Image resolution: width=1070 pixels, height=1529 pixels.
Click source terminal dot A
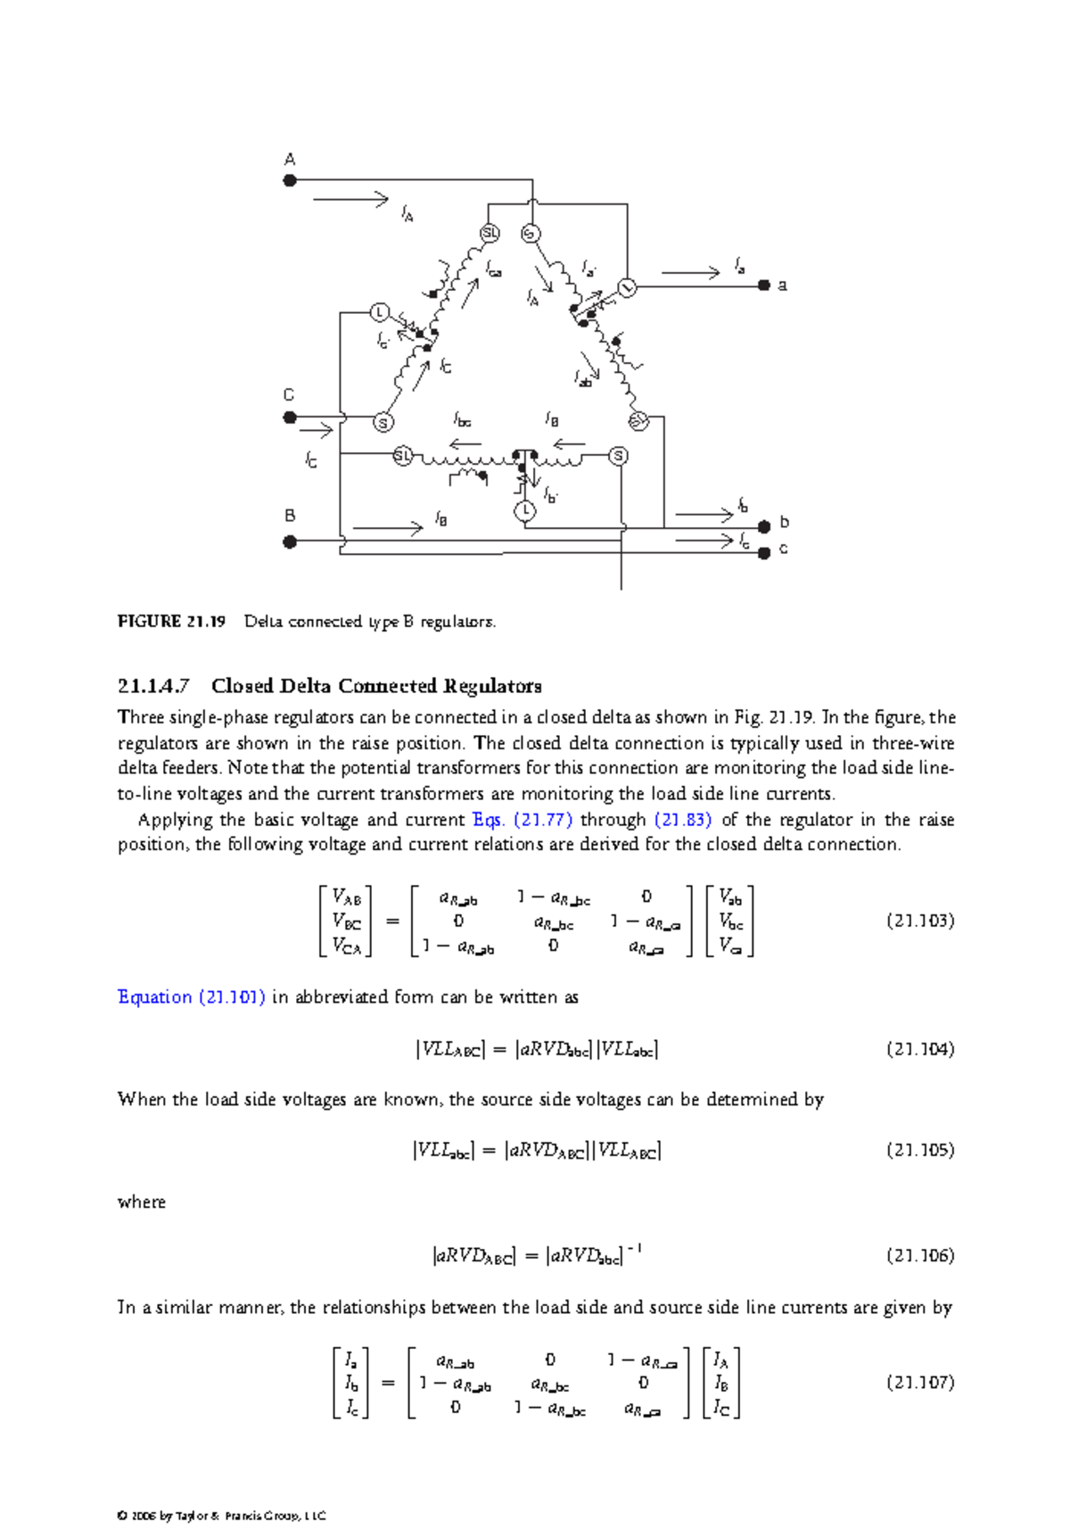click(x=290, y=180)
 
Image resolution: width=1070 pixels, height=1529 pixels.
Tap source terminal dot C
click(x=290, y=417)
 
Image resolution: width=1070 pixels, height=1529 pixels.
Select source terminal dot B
click(x=290, y=541)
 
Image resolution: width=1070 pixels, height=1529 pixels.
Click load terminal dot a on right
click(x=764, y=285)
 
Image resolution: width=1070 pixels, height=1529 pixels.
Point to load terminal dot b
click(x=764, y=525)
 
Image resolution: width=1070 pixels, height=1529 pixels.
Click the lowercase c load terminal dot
click(x=764, y=553)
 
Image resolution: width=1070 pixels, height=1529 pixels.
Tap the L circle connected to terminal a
click(x=627, y=288)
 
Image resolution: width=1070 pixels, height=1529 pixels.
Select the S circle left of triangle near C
click(x=383, y=423)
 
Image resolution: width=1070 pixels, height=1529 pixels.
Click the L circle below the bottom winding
click(x=525, y=511)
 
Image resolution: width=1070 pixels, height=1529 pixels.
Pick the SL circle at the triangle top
click(x=490, y=234)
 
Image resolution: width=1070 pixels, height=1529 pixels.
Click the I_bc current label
click(x=462, y=419)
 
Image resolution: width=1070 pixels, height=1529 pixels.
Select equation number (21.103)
click(x=920, y=921)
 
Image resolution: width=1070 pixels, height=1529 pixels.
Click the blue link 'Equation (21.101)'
click(x=191, y=997)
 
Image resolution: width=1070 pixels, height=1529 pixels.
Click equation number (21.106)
click(x=920, y=1256)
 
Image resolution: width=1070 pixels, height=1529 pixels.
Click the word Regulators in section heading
click(x=492, y=686)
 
